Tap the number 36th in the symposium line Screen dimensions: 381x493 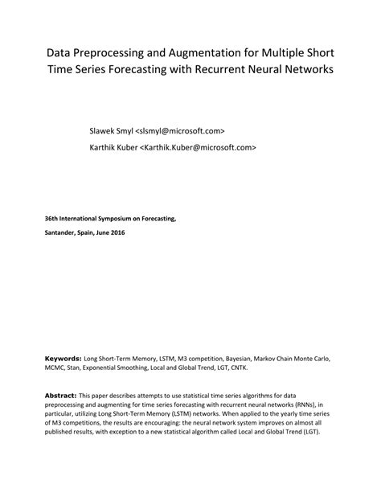coord(51,218)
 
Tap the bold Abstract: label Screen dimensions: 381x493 coord(61,396)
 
